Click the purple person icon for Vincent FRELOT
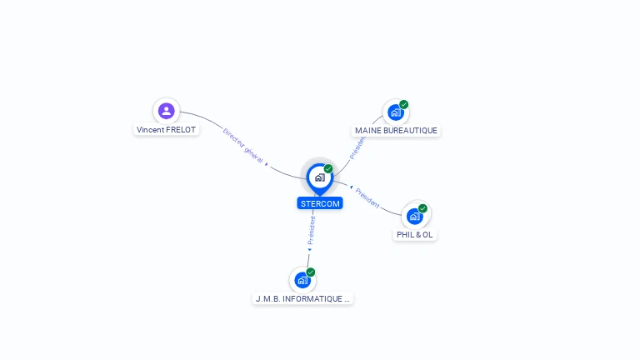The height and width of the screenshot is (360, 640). click(x=167, y=110)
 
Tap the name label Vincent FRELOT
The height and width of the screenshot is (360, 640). click(x=167, y=130)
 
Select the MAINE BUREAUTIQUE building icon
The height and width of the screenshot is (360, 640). click(x=395, y=112)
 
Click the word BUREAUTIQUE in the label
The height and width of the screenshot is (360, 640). click(x=411, y=131)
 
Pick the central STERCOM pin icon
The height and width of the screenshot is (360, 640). click(x=319, y=177)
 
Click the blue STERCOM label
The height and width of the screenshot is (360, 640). click(x=320, y=203)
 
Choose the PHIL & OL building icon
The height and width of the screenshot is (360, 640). click(x=414, y=217)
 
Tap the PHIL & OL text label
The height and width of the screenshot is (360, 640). click(x=415, y=235)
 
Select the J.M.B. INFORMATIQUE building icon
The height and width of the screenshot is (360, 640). click(x=302, y=280)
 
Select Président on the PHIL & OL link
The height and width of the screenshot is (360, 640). click(x=367, y=198)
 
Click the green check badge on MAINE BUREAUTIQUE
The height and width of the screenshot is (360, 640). click(x=404, y=104)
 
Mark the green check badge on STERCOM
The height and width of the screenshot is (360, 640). click(x=328, y=169)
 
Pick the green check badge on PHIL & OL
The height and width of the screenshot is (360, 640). click(x=423, y=208)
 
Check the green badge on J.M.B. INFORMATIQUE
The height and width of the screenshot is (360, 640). click(x=311, y=272)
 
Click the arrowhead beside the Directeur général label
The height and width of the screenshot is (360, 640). click(x=267, y=164)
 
